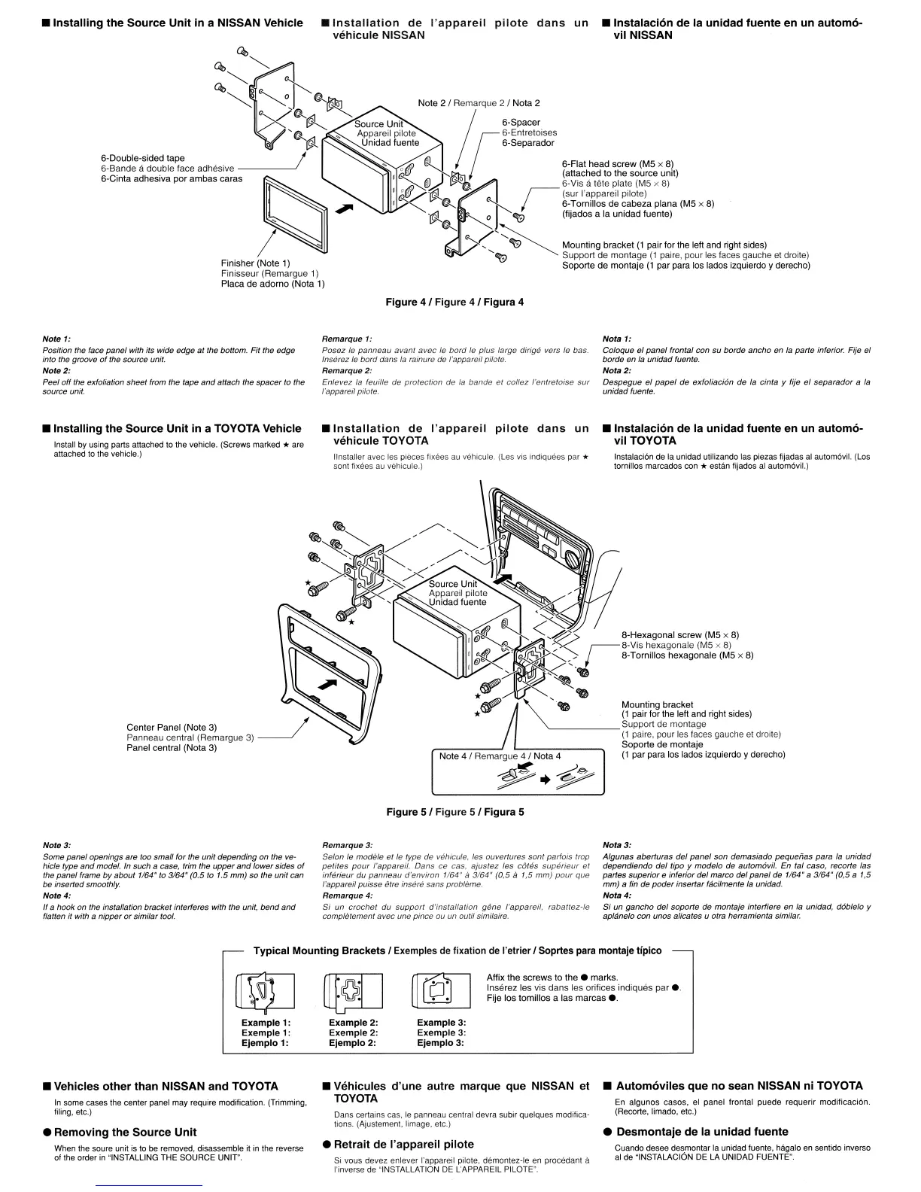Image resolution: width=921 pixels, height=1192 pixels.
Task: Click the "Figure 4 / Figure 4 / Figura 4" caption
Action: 454,302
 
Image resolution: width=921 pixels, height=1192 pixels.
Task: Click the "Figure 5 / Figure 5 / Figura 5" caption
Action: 454,812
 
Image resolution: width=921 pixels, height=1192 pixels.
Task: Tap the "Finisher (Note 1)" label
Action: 255,263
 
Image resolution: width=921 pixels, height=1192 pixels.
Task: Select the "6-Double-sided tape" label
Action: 143,158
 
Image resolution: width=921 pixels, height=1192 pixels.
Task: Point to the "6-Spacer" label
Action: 521,123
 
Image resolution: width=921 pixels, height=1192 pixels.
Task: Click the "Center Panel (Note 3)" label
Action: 172,727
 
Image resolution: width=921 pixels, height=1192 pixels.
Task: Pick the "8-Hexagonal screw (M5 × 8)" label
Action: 679,634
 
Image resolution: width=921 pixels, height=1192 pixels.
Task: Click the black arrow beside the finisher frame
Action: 344,208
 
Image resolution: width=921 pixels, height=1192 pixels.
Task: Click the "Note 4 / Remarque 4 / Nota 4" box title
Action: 500,756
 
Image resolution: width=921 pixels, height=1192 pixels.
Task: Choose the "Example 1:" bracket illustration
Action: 265,992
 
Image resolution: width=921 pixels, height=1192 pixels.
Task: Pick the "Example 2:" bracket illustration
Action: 353,992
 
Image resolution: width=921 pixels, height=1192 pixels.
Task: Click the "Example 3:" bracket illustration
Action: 440,992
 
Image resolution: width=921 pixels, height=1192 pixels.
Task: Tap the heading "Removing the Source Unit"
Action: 125,1132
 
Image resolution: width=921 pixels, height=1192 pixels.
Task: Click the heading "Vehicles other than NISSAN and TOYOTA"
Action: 166,1086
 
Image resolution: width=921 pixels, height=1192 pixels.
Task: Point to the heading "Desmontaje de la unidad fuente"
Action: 702,1131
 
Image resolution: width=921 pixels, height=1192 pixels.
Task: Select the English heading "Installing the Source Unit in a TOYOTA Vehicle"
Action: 177,428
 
